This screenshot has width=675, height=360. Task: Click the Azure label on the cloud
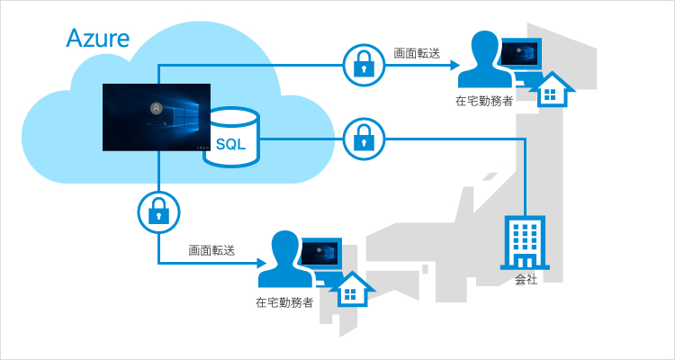click(x=98, y=39)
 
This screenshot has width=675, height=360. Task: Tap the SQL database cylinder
click(x=231, y=137)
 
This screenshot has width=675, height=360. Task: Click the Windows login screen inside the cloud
click(x=157, y=117)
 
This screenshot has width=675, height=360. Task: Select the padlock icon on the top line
click(x=364, y=65)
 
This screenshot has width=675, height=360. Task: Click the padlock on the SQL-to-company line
click(x=364, y=139)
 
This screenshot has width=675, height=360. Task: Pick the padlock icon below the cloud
click(x=158, y=212)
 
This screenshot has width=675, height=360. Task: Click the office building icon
click(x=525, y=242)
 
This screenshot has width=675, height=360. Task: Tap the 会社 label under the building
click(x=526, y=280)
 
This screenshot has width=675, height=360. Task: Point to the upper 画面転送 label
click(x=417, y=53)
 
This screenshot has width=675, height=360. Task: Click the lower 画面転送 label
click(x=211, y=250)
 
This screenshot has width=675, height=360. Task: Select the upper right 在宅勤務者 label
click(x=484, y=103)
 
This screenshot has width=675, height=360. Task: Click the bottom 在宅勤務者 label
click(x=284, y=302)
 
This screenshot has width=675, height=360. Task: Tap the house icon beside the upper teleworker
click(x=553, y=89)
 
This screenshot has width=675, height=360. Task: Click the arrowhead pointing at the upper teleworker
click(x=455, y=65)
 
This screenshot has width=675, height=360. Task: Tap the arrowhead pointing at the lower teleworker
click(x=262, y=263)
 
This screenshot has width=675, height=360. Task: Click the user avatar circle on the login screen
click(x=157, y=109)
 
